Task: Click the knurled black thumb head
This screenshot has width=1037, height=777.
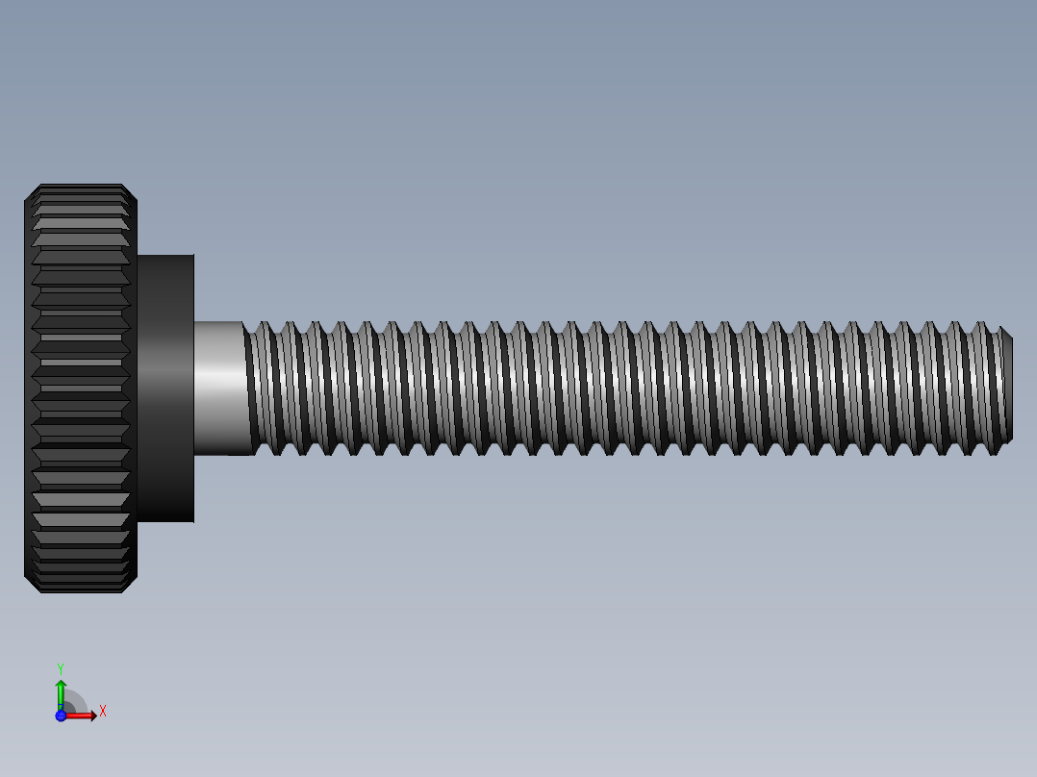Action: tap(81, 388)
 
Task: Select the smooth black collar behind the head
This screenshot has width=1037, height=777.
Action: tap(165, 388)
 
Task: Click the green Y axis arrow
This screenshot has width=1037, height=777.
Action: tap(61, 689)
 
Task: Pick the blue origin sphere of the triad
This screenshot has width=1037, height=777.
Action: tap(61, 715)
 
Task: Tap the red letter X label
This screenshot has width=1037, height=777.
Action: tap(102, 712)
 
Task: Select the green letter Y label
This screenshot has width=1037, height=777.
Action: tap(61, 667)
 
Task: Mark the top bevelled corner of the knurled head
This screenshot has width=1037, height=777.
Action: tap(131, 192)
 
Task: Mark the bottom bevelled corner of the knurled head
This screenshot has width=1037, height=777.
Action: tap(131, 586)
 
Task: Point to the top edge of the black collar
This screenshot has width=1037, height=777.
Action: tap(165, 255)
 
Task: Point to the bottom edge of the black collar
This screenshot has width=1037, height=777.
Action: tap(165, 522)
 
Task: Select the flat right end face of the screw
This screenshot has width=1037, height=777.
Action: tap(1011, 387)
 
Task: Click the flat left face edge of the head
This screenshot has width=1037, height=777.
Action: tap(25, 388)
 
